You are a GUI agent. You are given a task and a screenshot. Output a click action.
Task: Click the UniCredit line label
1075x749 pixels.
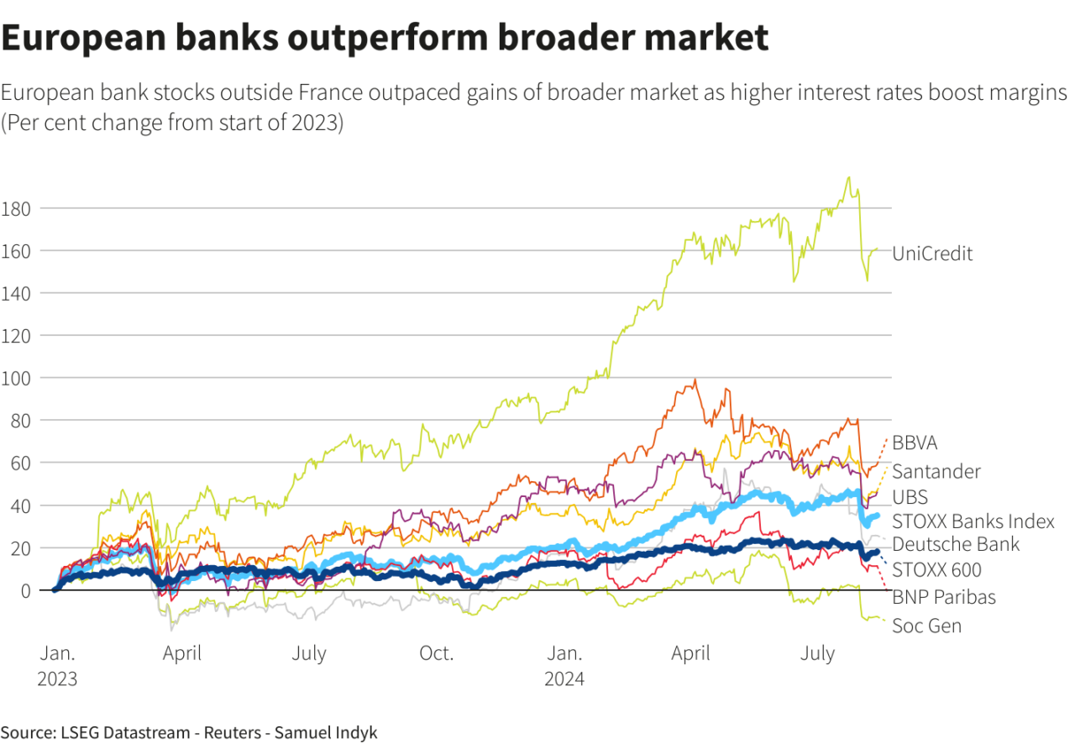point(932,254)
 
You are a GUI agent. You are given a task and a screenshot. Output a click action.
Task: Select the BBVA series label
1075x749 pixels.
point(915,443)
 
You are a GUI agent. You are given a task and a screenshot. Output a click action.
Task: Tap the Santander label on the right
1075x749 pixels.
point(936,471)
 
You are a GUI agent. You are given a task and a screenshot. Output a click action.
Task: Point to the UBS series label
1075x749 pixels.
point(910,497)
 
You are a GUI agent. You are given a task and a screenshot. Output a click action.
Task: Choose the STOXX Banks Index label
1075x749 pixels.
point(973,521)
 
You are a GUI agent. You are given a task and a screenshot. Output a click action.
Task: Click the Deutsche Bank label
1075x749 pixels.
point(956,545)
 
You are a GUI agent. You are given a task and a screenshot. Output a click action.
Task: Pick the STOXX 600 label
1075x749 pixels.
point(936,571)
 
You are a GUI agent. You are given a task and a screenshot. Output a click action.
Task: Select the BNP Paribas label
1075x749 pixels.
point(944,598)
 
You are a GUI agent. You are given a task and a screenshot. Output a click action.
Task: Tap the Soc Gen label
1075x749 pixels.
point(926,626)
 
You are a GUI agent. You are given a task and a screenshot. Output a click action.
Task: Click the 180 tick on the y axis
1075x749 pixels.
point(17,207)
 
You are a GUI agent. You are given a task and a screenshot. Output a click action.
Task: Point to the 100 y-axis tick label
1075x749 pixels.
point(17,378)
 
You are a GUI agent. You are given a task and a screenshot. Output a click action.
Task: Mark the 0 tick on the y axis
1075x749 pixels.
point(25,590)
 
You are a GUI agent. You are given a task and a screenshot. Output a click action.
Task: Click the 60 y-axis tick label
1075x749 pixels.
point(21,463)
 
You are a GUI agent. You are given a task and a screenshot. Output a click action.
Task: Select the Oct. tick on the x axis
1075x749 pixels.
point(437,653)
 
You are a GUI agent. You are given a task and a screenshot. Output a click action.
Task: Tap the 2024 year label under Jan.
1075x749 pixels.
point(564,678)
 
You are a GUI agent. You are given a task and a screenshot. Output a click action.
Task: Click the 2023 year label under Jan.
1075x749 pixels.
point(57,678)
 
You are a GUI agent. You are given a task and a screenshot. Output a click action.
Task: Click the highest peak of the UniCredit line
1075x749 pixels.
point(848,177)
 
